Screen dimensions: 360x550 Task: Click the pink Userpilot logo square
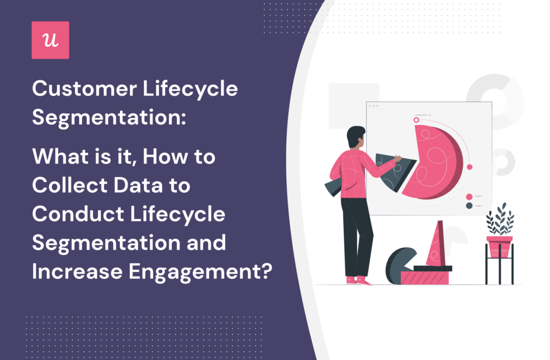[x=50, y=40]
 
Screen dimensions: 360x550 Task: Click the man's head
[x=355, y=139]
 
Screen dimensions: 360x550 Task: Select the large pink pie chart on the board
[x=432, y=161]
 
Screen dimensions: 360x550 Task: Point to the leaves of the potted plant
[x=499, y=220]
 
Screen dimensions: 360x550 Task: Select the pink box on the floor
[x=424, y=277]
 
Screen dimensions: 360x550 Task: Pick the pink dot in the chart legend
[x=469, y=197]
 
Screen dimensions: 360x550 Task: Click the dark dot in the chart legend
[x=469, y=205]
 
